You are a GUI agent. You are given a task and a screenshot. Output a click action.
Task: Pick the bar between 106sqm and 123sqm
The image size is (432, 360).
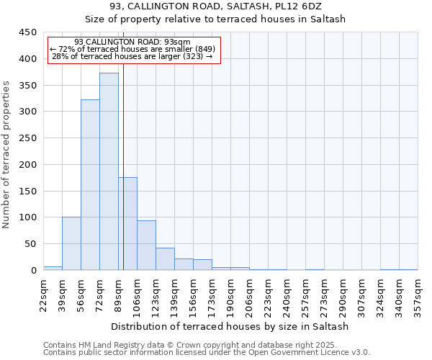point(146,246)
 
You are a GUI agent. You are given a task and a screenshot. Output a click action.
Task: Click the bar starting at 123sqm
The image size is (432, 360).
point(165,259)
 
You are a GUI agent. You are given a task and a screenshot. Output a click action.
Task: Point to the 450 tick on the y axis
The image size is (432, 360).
point(28,32)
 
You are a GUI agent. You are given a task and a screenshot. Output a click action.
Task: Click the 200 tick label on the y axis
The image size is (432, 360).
point(28,165)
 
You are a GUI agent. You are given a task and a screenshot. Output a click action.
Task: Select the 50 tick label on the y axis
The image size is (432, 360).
point(31,244)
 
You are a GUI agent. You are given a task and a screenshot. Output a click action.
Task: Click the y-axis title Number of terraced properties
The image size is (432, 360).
point(7,154)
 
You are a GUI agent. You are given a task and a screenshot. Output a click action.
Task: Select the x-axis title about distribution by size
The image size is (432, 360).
point(230,326)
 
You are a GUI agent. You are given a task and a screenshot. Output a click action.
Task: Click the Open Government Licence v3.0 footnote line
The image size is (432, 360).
point(205,353)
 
